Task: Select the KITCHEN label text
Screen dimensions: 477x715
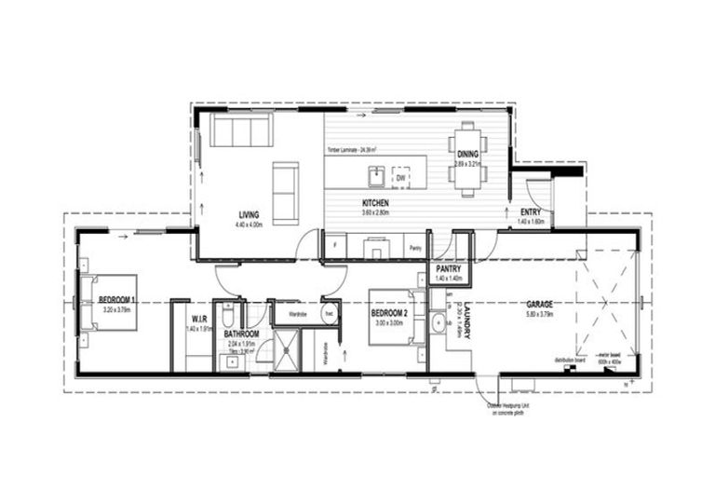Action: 375,202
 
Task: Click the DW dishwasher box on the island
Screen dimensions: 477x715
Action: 400,176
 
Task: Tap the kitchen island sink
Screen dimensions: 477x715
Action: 377,175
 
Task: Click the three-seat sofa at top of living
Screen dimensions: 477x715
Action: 239,130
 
